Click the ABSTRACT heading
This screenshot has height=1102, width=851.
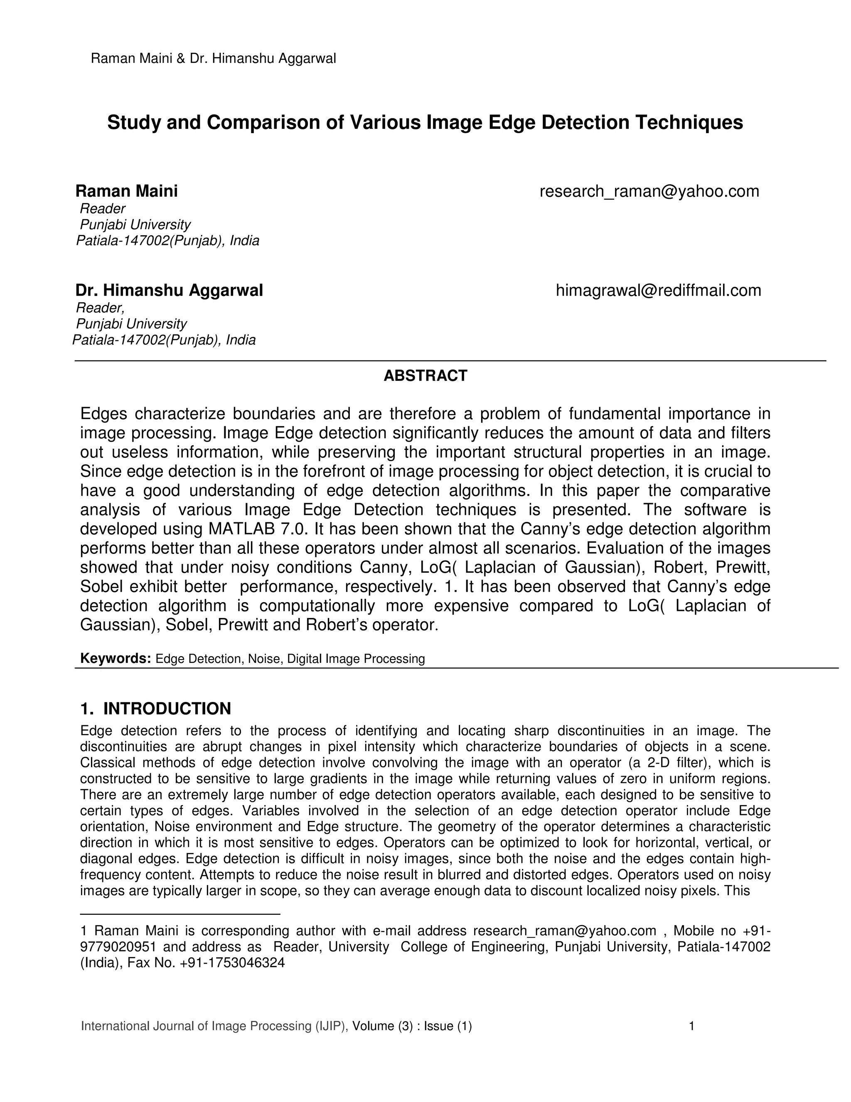point(425,376)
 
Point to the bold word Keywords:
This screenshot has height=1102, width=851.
point(116,658)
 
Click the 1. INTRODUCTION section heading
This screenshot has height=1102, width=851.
point(155,709)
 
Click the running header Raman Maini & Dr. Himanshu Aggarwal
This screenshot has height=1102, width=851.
point(213,59)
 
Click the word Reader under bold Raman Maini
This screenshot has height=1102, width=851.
point(103,208)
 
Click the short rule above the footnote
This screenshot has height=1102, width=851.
point(180,913)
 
